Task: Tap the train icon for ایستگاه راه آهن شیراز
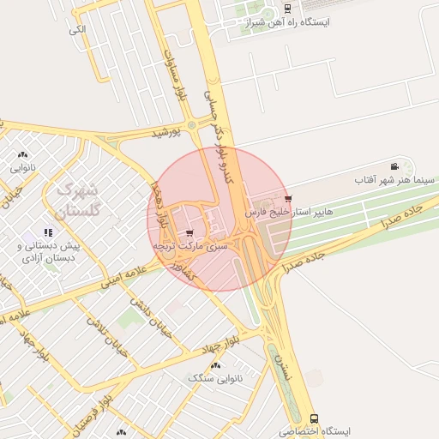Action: (x=287, y=9)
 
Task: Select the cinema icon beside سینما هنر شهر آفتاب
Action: (x=394, y=165)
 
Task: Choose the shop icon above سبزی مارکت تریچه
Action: (x=189, y=232)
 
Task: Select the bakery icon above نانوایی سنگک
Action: (x=214, y=365)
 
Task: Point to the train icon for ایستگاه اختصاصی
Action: (x=313, y=418)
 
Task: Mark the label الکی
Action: (x=78, y=30)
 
